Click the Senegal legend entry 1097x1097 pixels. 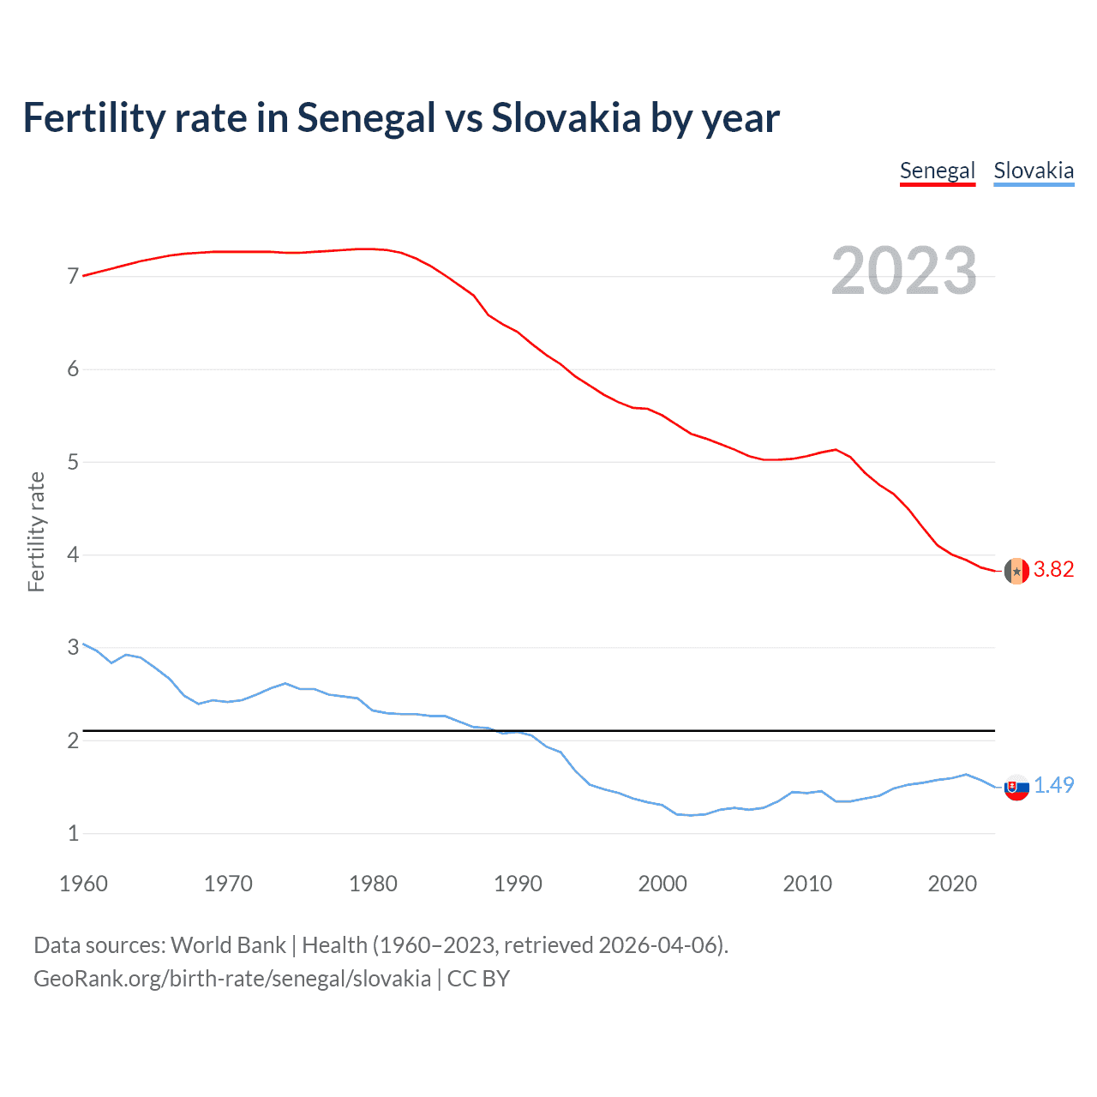click(937, 171)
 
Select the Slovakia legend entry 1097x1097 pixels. click(1034, 171)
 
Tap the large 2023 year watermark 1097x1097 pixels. click(903, 271)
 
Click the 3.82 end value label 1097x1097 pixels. click(1053, 570)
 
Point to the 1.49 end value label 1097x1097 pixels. click(1053, 785)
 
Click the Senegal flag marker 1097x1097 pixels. click(1016, 571)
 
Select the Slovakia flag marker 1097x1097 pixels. click(1016, 787)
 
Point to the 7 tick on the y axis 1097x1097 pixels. click(73, 277)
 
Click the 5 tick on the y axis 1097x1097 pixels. click(73, 463)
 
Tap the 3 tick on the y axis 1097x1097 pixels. click(73, 648)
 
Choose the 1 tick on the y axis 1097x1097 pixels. click(73, 833)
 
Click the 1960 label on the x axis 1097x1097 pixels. click(83, 884)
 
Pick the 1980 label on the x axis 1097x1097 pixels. click(373, 884)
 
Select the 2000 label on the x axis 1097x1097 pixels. click(662, 884)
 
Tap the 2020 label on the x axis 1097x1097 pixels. click(952, 884)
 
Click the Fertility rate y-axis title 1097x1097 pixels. click(36, 531)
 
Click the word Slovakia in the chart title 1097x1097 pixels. click(566, 118)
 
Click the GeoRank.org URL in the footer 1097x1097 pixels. click(232, 979)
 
